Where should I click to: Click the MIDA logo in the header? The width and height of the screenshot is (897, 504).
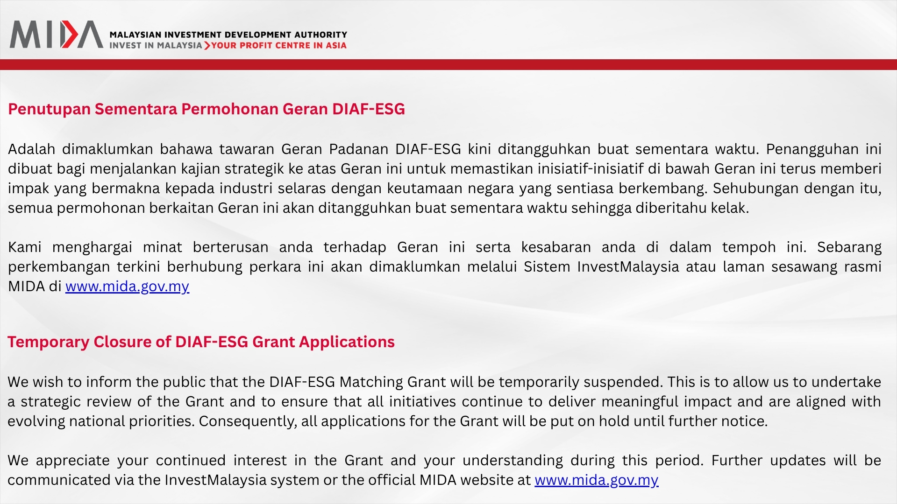56,34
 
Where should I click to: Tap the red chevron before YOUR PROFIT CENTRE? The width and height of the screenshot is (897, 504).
207,45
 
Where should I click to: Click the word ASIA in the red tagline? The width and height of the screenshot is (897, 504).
336,45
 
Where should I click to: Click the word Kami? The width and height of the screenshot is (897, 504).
24,247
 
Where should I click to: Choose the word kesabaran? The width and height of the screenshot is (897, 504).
556,247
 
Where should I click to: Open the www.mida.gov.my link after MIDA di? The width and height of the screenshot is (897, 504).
127,287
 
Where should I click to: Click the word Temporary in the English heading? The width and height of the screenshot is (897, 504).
48,342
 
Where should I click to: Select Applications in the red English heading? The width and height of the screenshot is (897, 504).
347,342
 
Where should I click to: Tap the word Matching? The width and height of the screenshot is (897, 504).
371,382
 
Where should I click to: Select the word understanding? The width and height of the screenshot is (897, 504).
513,461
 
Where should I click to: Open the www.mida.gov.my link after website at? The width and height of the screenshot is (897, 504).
597,480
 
